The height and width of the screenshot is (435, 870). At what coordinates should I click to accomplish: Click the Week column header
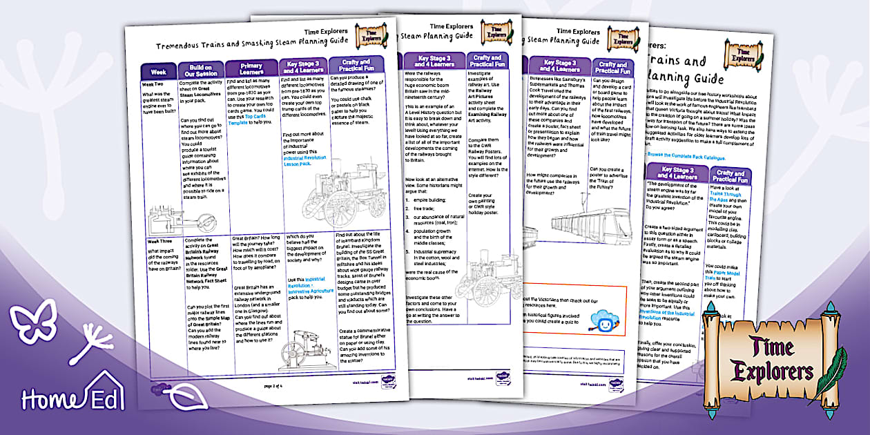pyautogui.click(x=158, y=72)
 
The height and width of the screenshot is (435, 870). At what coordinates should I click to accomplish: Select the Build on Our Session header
pyautogui.click(x=200, y=69)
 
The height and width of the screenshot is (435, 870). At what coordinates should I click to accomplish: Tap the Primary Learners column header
pyautogui.click(x=251, y=68)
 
